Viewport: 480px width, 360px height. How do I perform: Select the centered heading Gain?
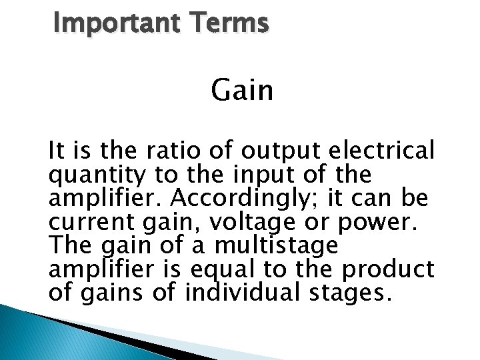click(x=243, y=91)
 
